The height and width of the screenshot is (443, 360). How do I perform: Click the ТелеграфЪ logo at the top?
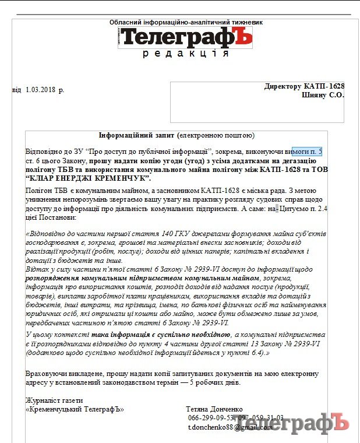[x=186, y=37]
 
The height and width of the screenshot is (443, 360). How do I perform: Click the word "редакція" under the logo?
[x=186, y=54]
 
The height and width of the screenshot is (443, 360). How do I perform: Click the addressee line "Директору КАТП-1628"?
[x=304, y=86]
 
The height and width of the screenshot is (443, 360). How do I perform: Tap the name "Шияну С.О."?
[x=323, y=95]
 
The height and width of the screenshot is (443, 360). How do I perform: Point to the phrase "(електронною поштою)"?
[x=216, y=135]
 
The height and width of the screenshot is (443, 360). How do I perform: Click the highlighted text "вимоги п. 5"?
[x=307, y=152]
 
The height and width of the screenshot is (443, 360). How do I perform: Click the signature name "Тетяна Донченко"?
[x=214, y=409]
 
